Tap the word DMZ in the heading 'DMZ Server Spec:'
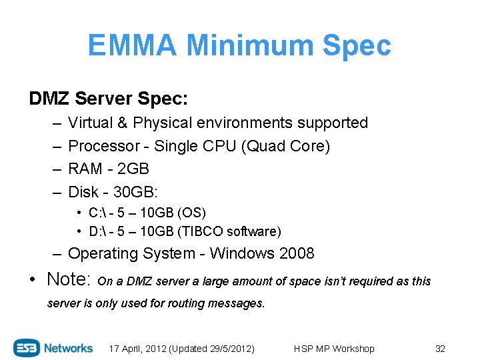pos(49,99)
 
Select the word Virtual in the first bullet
pos(91,123)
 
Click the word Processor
pos(99,146)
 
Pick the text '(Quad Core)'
pos(288,146)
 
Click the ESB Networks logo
pos(53,348)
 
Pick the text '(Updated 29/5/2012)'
pos(213,349)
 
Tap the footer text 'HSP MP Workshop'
pos(334,349)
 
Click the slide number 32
pos(440,349)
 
